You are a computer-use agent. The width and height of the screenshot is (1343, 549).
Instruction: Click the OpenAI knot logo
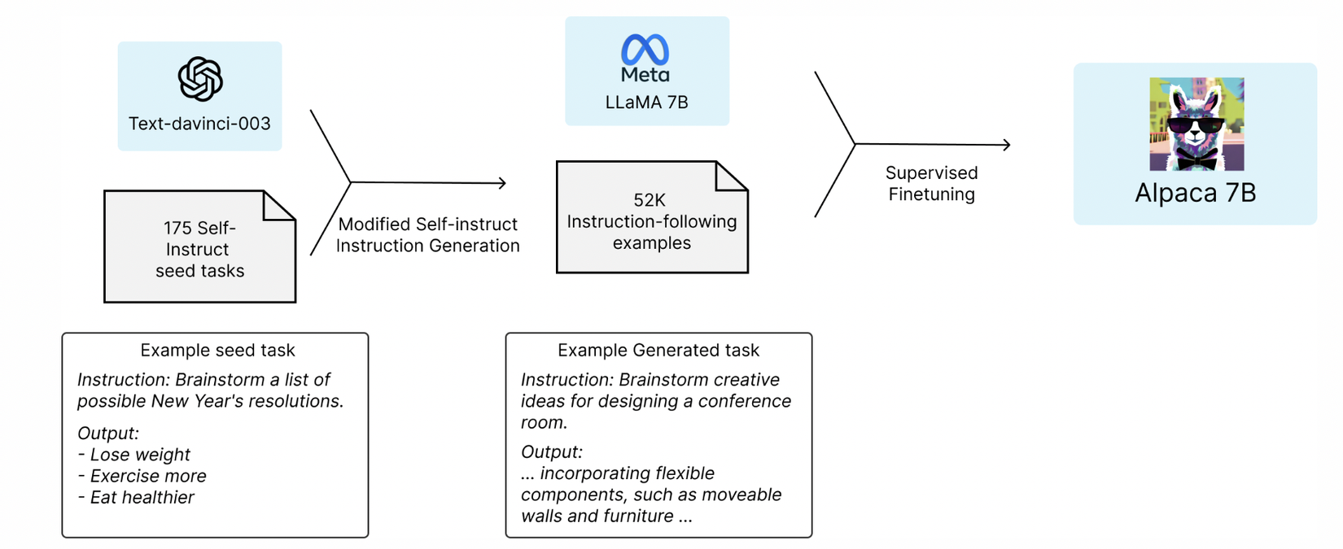[200, 79]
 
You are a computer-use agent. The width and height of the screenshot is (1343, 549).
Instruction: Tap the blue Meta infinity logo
[645, 50]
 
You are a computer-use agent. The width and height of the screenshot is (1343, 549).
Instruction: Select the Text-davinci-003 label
[199, 124]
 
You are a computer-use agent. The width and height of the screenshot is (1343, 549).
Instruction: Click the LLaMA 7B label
[646, 102]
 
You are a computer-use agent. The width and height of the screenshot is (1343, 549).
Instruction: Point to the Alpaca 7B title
[1195, 193]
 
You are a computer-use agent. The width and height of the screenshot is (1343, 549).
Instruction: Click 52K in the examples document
[650, 200]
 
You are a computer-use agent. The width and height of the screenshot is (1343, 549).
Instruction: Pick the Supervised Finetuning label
[931, 184]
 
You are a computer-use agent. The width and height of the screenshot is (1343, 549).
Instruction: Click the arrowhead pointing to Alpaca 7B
[1007, 145]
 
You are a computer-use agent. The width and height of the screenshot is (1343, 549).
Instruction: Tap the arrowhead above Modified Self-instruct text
[502, 183]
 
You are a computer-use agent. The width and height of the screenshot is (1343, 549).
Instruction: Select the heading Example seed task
[217, 351]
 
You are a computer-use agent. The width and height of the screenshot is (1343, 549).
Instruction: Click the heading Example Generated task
[658, 351]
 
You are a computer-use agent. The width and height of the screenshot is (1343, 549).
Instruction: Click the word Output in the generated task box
[549, 452]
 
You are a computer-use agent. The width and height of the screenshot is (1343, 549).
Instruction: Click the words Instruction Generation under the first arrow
[427, 246]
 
